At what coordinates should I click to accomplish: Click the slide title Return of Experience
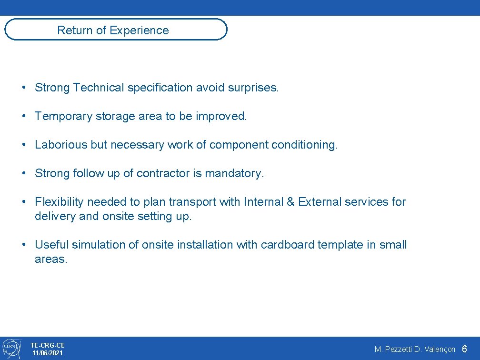(x=113, y=30)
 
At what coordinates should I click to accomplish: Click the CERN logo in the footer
(x=11, y=348)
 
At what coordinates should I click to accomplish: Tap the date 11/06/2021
(x=47, y=353)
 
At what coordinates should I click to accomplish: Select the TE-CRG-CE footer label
(x=47, y=345)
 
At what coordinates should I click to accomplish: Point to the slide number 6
(x=464, y=349)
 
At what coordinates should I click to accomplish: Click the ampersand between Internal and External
(x=290, y=202)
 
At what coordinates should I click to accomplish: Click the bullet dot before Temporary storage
(x=23, y=117)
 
